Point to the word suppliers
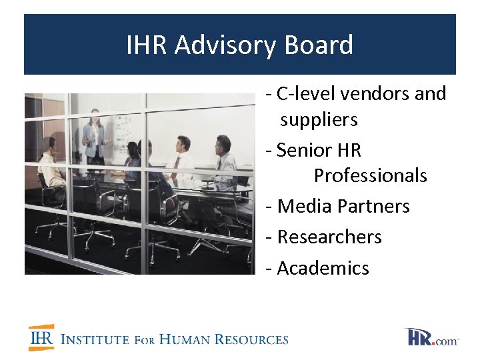pos(319,120)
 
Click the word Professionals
pos(370,175)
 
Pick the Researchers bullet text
pos(329,237)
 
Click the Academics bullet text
pos(323,268)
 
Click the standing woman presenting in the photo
pos(93,137)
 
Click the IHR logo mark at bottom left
pos(41,338)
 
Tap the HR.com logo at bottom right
pos(432,337)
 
